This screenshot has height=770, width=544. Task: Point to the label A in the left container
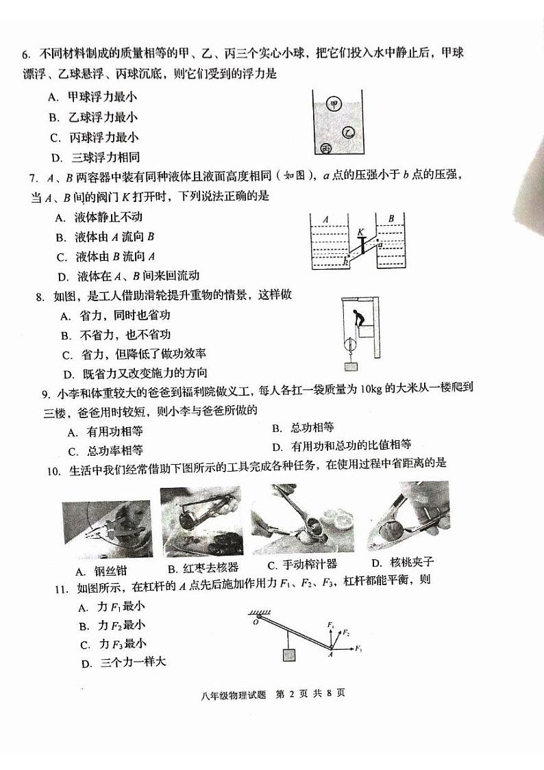point(326,220)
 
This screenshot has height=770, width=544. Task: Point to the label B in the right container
point(391,218)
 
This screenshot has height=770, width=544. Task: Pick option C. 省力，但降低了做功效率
point(134,355)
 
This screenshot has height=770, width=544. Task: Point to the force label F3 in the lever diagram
point(358,647)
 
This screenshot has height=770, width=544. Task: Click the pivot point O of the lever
point(255,621)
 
